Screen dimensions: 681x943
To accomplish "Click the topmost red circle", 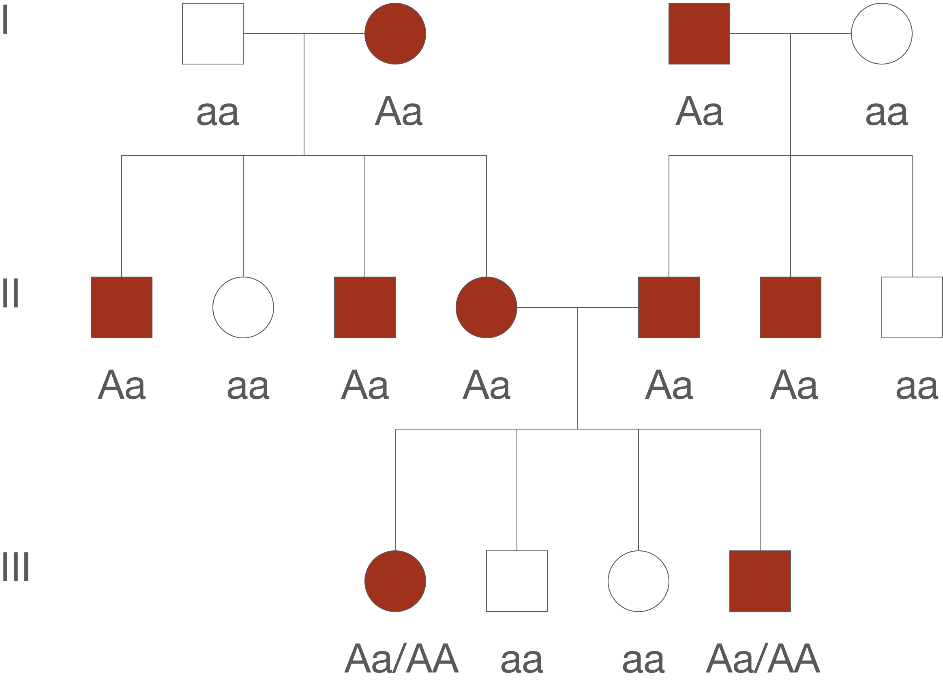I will tap(395, 33).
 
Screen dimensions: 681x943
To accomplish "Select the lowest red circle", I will tap(395, 581).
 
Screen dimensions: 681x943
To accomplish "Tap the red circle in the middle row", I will tap(486, 307).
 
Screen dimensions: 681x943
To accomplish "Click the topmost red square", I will tap(699, 33).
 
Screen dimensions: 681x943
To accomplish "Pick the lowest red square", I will tap(760, 581).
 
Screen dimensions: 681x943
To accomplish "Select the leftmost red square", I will tap(121, 307).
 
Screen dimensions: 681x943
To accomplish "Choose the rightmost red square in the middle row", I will tap(790, 307).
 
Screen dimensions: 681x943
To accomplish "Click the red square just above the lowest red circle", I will tap(364, 307).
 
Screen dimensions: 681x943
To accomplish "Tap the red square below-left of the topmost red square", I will tap(669, 307).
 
